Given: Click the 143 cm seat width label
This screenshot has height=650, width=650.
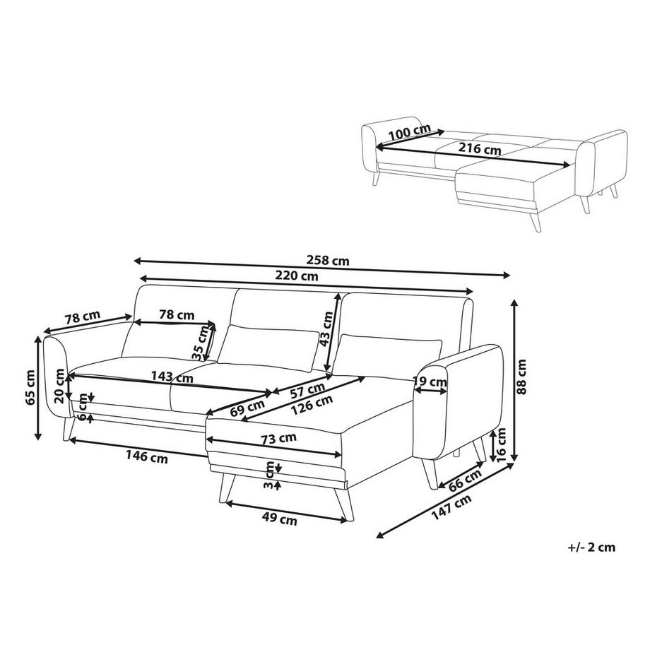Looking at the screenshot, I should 172,377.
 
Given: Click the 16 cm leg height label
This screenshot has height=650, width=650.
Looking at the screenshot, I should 501,444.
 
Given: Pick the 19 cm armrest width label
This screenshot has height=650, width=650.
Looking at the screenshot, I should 430,383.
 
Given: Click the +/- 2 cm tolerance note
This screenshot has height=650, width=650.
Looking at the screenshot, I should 591,546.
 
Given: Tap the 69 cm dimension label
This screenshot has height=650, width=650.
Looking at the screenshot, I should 247,408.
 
